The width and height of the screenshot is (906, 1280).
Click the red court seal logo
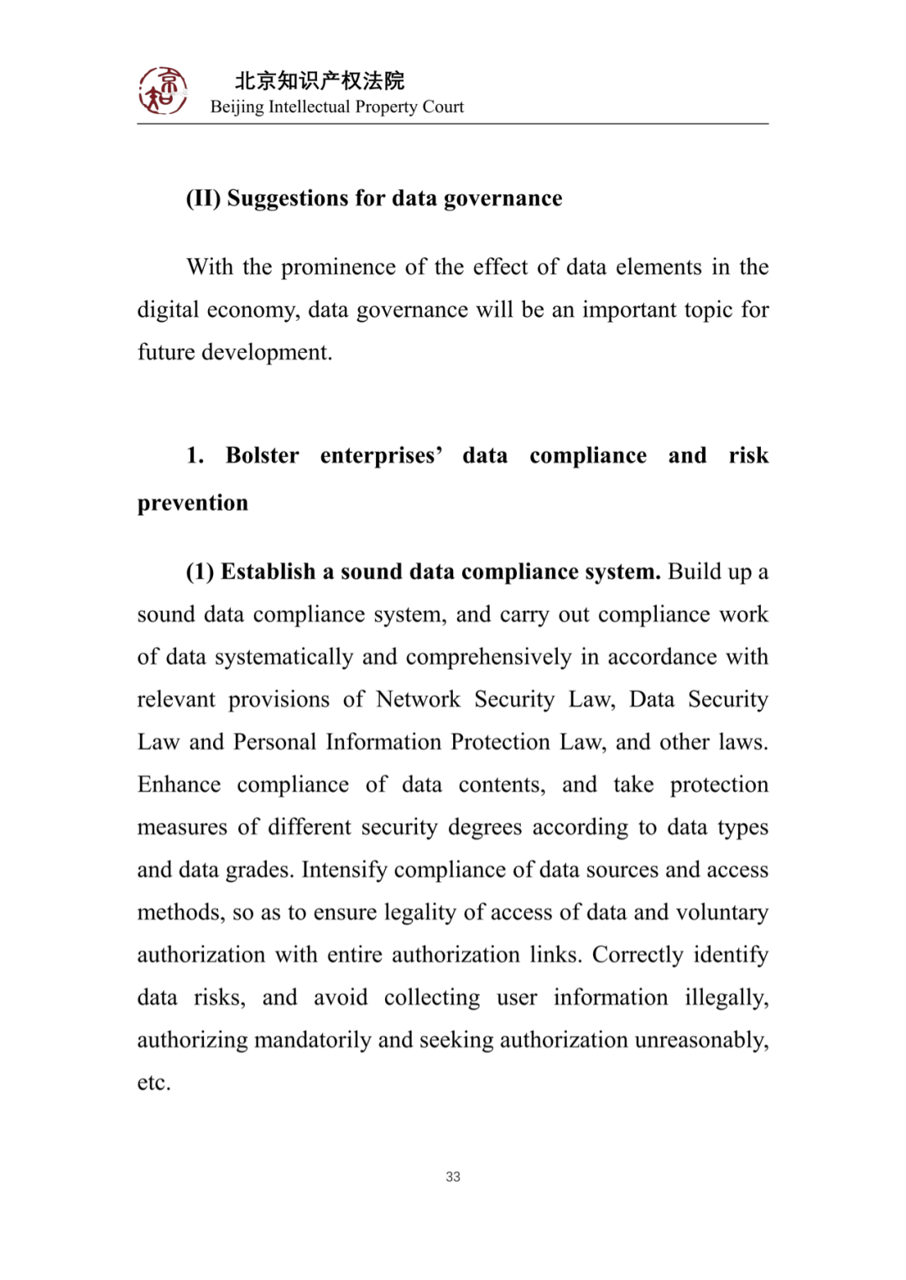(163, 91)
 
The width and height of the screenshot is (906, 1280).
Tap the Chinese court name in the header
(320, 80)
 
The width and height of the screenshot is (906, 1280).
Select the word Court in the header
(443, 106)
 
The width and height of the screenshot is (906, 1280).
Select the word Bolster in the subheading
(262, 455)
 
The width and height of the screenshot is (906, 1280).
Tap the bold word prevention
(193, 503)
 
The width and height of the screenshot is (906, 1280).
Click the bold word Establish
(268, 572)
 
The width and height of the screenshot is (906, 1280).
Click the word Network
(418, 699)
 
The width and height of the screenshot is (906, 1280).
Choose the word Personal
(274, 742)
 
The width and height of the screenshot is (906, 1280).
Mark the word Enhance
(180, 785)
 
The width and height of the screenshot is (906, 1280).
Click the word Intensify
(345, 869)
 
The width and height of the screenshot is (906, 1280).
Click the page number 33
(453, 1177)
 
